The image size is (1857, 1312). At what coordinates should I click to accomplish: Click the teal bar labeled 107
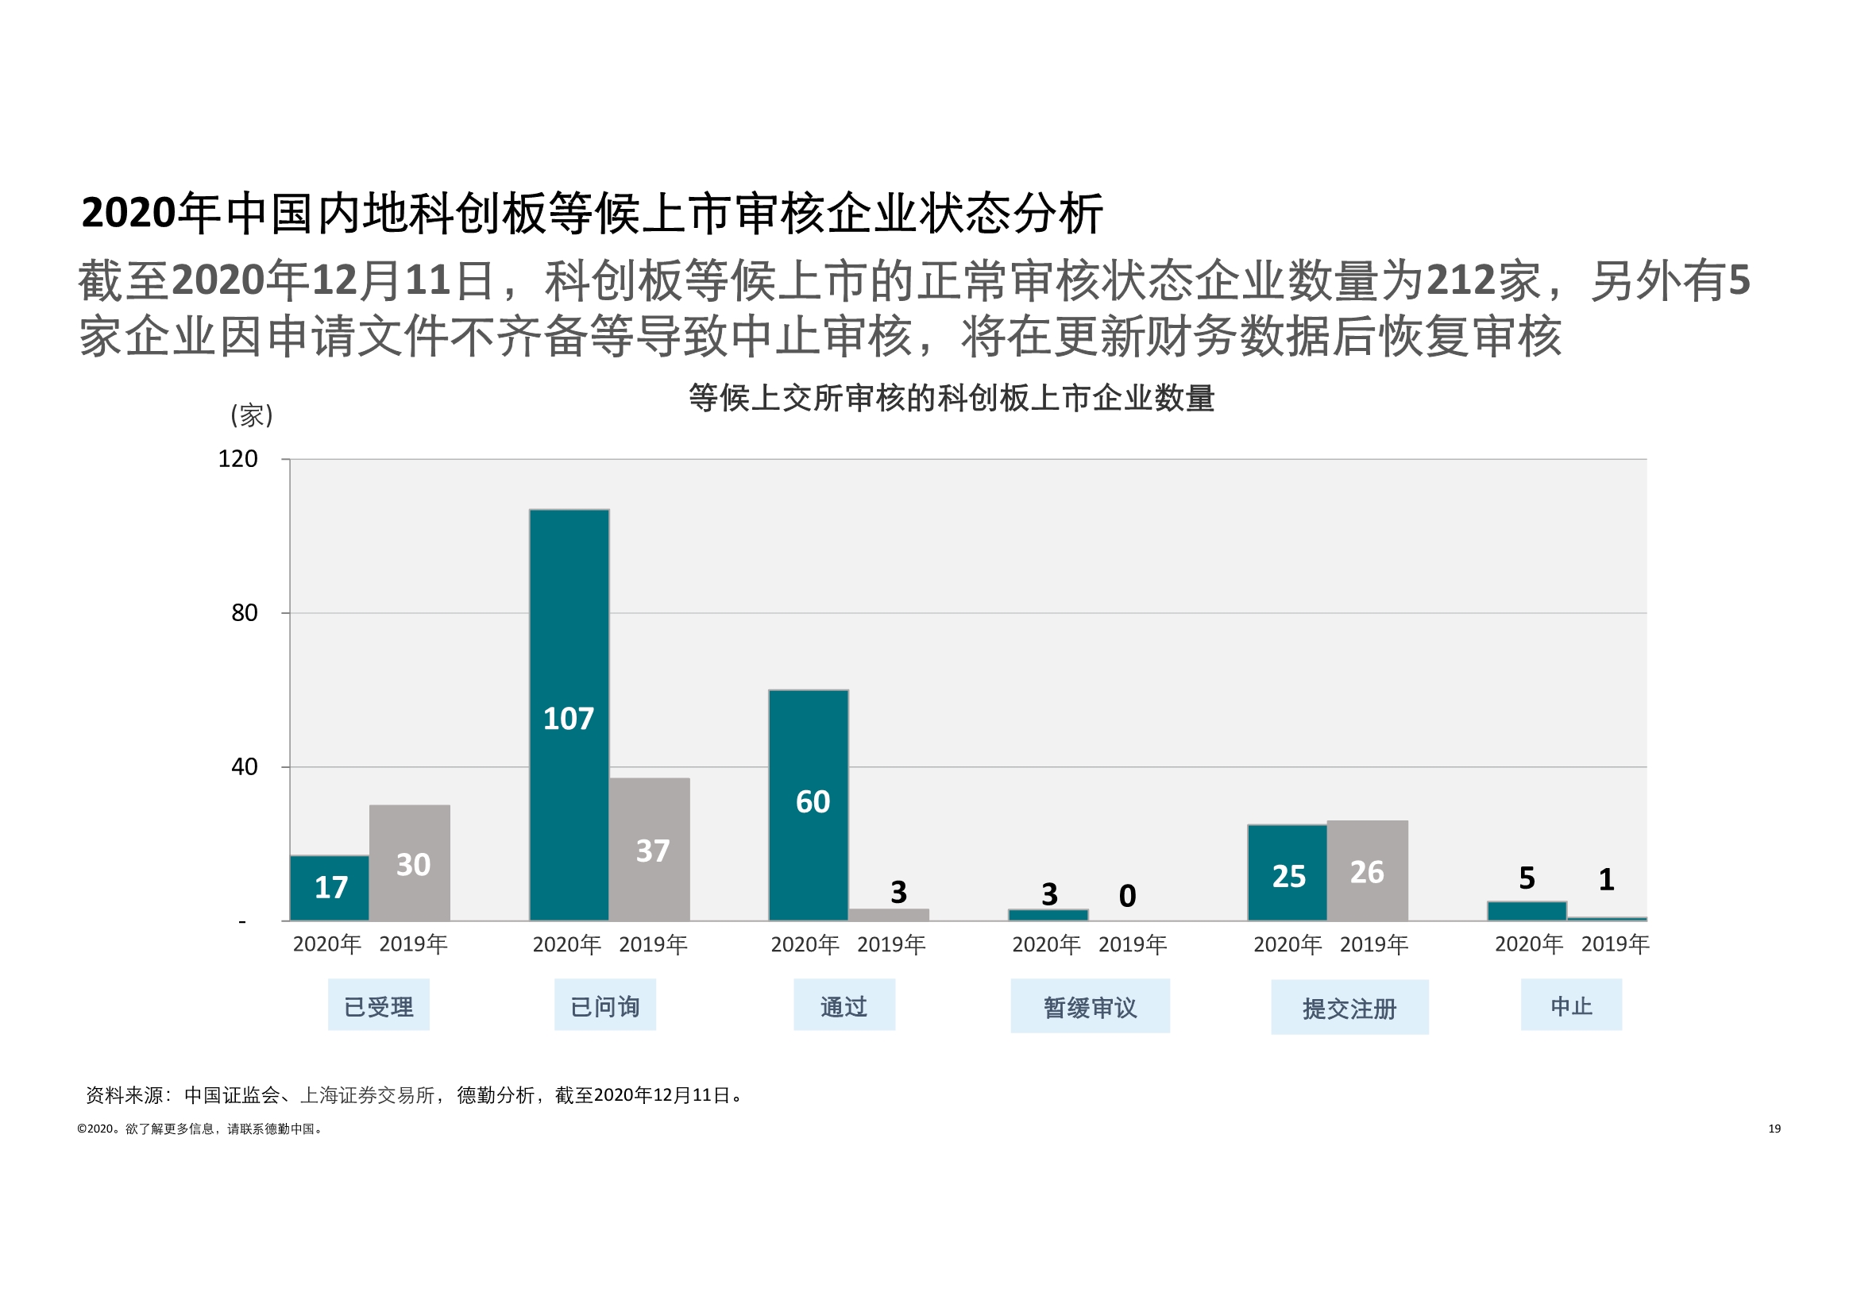(x=569, y=715)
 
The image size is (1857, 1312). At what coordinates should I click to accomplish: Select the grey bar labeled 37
(x=650, y=849)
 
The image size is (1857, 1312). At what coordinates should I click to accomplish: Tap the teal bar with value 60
(x=808, y=805)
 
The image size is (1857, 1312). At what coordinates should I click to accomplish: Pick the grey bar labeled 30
(x=409, y=862)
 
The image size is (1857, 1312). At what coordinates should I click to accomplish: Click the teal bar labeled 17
(x=329, y=887)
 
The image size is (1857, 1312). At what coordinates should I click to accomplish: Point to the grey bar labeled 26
(x=1367, y=870)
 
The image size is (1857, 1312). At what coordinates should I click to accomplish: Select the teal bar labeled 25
(x=1287, y=873)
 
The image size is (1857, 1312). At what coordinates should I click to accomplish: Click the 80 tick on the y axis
(x=245, y=613)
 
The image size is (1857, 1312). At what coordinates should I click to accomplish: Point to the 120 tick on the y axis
(x=237, y=460)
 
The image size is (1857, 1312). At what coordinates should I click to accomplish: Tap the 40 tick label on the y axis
(x=245, y=767)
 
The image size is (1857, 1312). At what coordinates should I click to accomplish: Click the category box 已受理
(x=379, y=1006)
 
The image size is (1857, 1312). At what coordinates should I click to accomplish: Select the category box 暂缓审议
(x=1090, y=1007)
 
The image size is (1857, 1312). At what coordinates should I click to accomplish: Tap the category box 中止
(x=1571, y=1005)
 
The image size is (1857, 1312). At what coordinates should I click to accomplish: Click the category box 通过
(x=844, y=1006)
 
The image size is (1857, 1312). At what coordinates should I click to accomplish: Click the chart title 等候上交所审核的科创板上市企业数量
(x=952, y=398)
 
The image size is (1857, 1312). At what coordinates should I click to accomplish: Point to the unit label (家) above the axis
(x=252, y=416)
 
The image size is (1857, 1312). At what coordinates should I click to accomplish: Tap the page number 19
(x=1774, y=1129)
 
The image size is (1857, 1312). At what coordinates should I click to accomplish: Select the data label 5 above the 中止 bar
(x=1527, y=878)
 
